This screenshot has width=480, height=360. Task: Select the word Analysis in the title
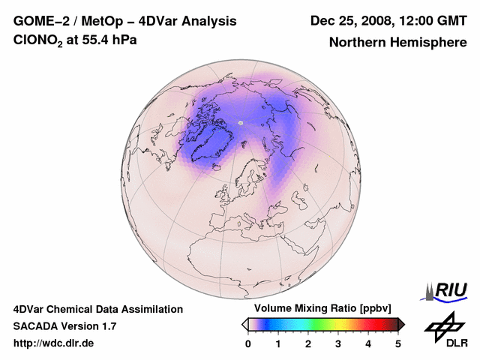pos(206,21)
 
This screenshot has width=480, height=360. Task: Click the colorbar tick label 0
pos(248,343)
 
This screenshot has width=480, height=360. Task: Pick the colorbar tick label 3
pos(338,343)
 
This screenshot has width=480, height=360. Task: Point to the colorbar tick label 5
pos(398,343)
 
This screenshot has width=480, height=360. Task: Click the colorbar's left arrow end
pos(244,324)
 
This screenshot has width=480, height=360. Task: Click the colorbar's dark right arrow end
pos(401,324)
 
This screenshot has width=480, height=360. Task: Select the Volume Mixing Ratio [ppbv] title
pos(323,309)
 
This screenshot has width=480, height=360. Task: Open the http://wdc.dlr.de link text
pos(54,343)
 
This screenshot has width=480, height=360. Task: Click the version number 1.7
pos(107,326)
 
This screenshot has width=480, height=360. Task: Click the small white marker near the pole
pos(241,121)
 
